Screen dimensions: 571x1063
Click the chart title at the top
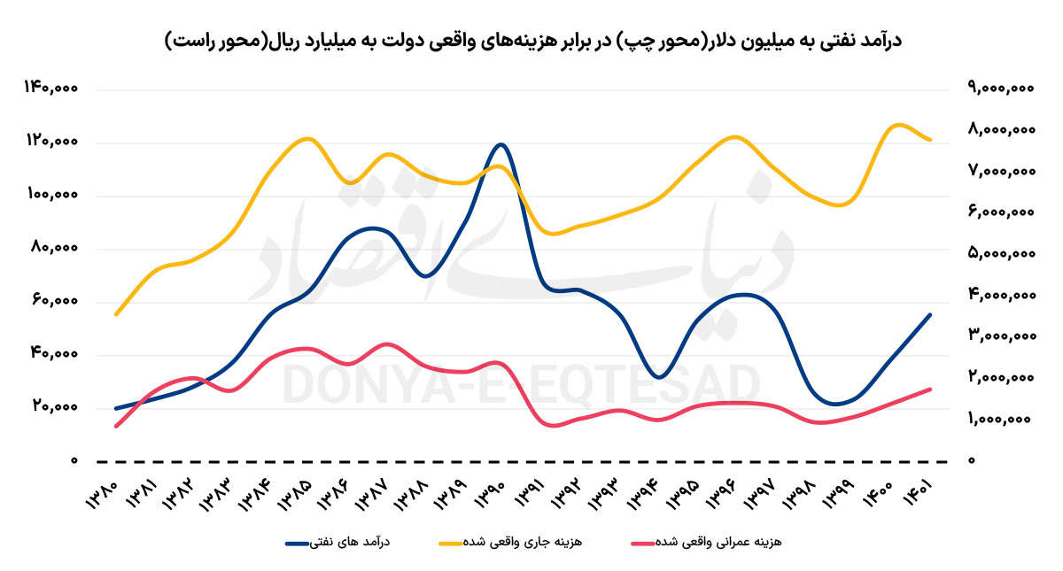pyautogui.click(x=531, y=41)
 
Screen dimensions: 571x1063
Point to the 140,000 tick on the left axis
pyautogui.click(x=53, y=89)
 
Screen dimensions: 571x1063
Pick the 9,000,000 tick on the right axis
pyautogui.click(x=1002, y=89)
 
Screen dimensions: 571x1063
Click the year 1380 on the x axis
pyautogui.click(x=105, y=497)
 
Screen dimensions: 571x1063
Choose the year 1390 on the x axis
pyautogui.click(x=490, y=497)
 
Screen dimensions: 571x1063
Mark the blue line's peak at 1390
pyautogui.click(x=501, y=144)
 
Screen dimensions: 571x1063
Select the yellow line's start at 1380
pyautogui.click(x=116, y=314)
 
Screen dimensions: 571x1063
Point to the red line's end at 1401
pyautogui.click(x=930, y=389)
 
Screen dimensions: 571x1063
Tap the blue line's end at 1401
pyautogui.click(x=930, y=314)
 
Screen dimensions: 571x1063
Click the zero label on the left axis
pyautogui.click(x=75, y=461)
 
